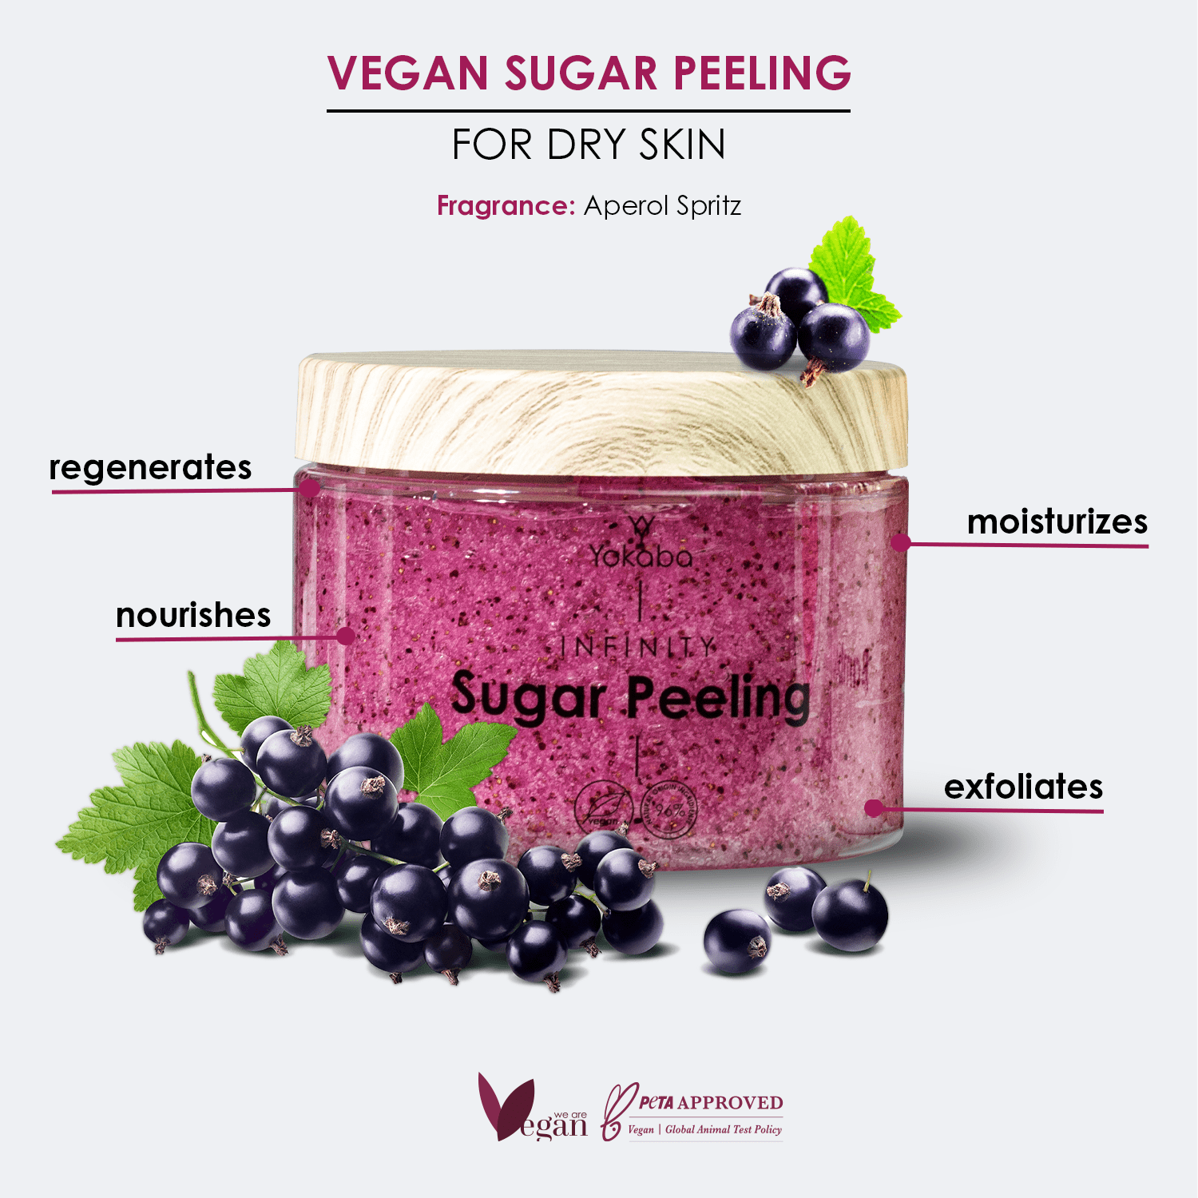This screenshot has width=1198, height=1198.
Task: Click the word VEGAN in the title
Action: [407, 73]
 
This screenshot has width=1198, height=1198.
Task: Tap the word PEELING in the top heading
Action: [762, 73]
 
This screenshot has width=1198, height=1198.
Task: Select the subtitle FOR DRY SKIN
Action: [589, 145]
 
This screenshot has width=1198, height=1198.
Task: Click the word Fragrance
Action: [505, 206]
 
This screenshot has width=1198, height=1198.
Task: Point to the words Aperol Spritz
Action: [662, 206]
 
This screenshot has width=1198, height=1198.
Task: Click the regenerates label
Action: [150, 468]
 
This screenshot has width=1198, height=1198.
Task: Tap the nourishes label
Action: [193, 616]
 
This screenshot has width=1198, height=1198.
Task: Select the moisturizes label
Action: [1057, 522]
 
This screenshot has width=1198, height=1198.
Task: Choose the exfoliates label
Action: [1023, 787]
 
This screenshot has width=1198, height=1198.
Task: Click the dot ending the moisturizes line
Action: [901, 543]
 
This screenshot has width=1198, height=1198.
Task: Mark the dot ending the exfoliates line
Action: [874, 808]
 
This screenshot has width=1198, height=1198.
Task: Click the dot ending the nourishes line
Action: [345, 636]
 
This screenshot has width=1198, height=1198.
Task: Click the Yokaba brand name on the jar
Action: [641, 555]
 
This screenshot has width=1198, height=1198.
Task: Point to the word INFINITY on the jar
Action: [637, 647]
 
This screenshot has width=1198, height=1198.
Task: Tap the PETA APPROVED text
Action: [710, 1103]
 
